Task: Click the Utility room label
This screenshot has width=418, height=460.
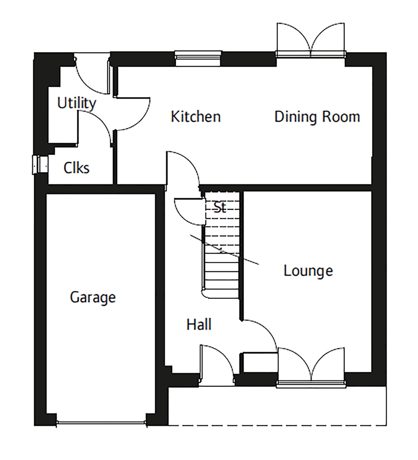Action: pyautogui.click(x=76, y=103)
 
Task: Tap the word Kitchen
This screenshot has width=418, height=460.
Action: pyautogui.click(x=196, y=117)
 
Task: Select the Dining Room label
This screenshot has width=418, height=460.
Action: pyautogui.click(x=317, y=117)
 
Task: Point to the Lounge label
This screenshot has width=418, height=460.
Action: pyautogui.click(x=308, y=271)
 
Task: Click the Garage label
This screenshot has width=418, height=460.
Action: pyautogui.click(x=93, y=297)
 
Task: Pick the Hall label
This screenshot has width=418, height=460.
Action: pyautogui.click(x=199, y=324)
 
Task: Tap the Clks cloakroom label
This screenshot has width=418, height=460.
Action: pyautogui.click(x=76, y=168)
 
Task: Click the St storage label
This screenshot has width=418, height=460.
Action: pyautogui.click(x=220, y=208)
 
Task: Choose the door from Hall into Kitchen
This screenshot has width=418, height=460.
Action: pyautogui.click(x=182, y=168)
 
